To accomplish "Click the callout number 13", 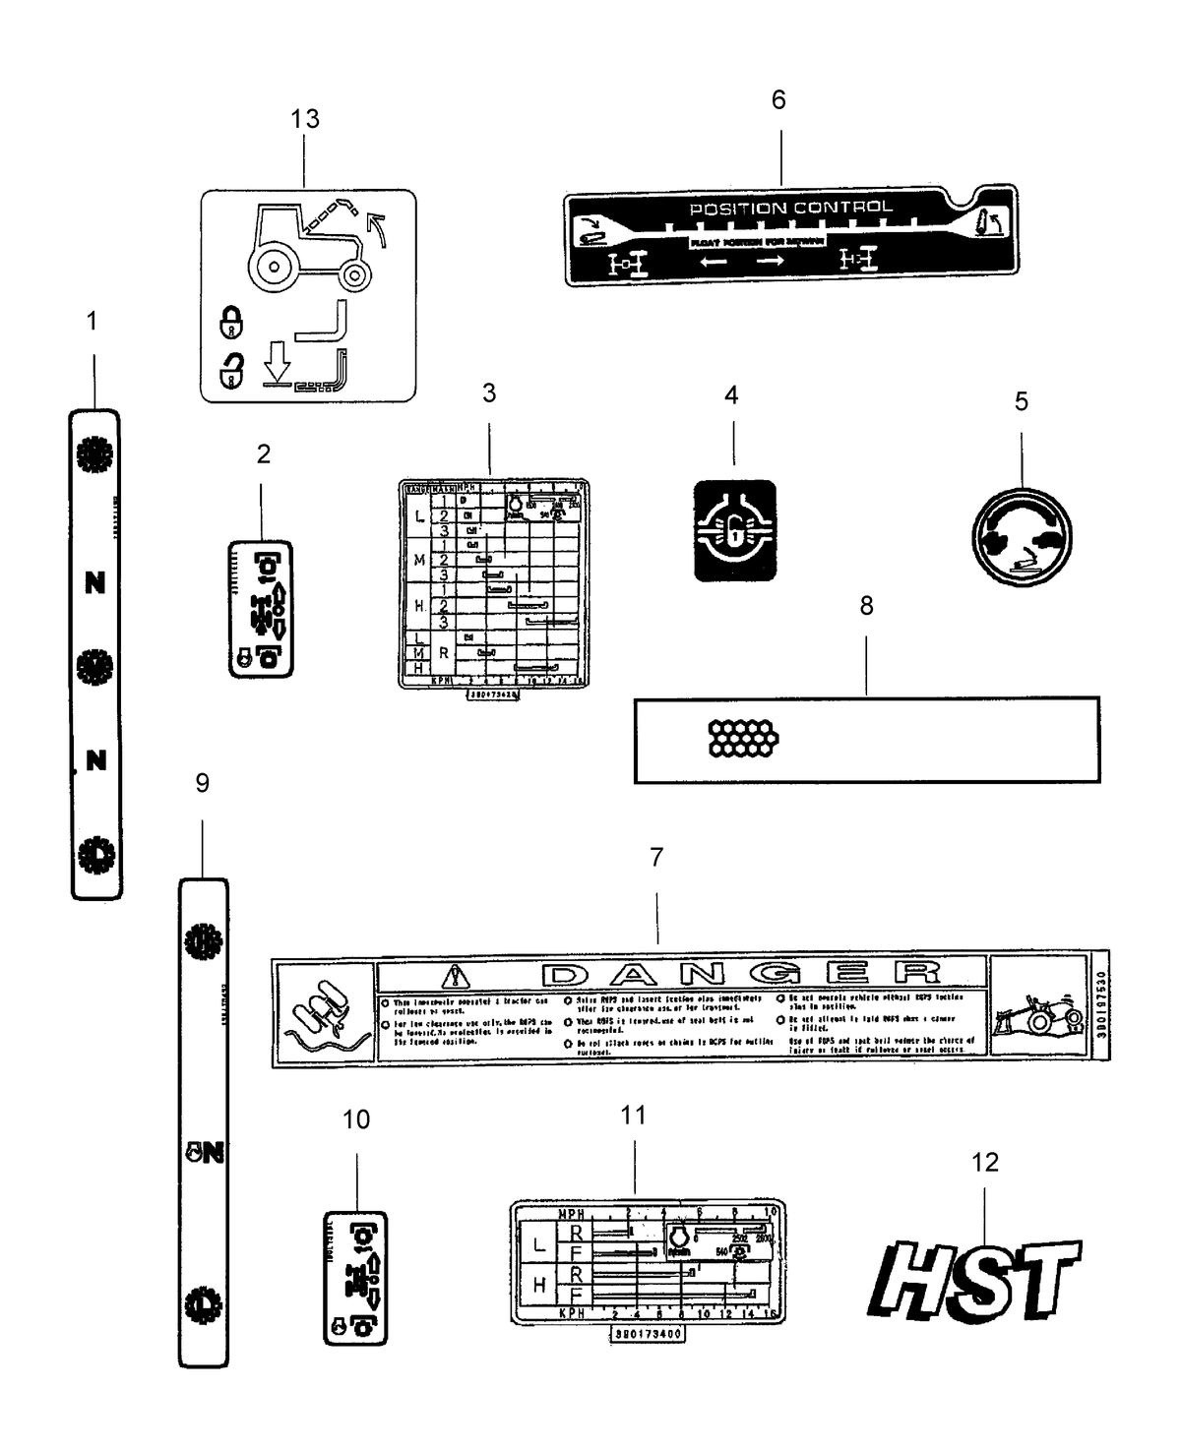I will click(x=305, y=119).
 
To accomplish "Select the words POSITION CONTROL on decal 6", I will click(x=790, y=208).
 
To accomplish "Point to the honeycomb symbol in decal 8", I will click(x=743, y=738).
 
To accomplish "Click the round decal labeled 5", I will click(x=1021, y=538).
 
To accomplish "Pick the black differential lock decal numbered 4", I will click(x=734, y=531).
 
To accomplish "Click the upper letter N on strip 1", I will click(x=94, y=583).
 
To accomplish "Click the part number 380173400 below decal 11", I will click(x=647, y=1335).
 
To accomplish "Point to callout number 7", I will click(x=656, y=857).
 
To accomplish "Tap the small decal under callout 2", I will click(x=261, y=608).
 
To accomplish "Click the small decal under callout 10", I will click(x=355, y=1278).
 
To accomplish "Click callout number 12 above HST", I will click(x=984, y=1162).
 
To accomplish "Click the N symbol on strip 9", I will click(x=205, y=1152).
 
